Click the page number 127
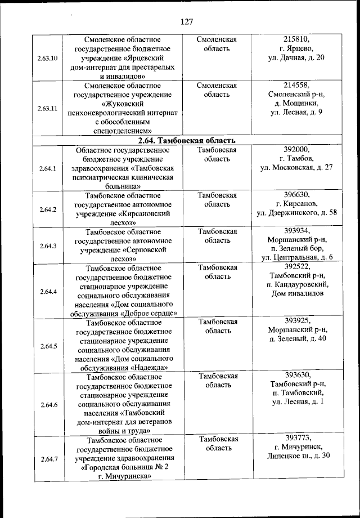coord(187,22)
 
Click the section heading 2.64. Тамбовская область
coord(187,140)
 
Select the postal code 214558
coord(297,86)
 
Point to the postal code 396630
coord(297,195)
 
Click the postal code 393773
coord(297,437)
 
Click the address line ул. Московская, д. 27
coord(297,168)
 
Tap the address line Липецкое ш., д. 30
coord(298,456)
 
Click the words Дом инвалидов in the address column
coord(297,293)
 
